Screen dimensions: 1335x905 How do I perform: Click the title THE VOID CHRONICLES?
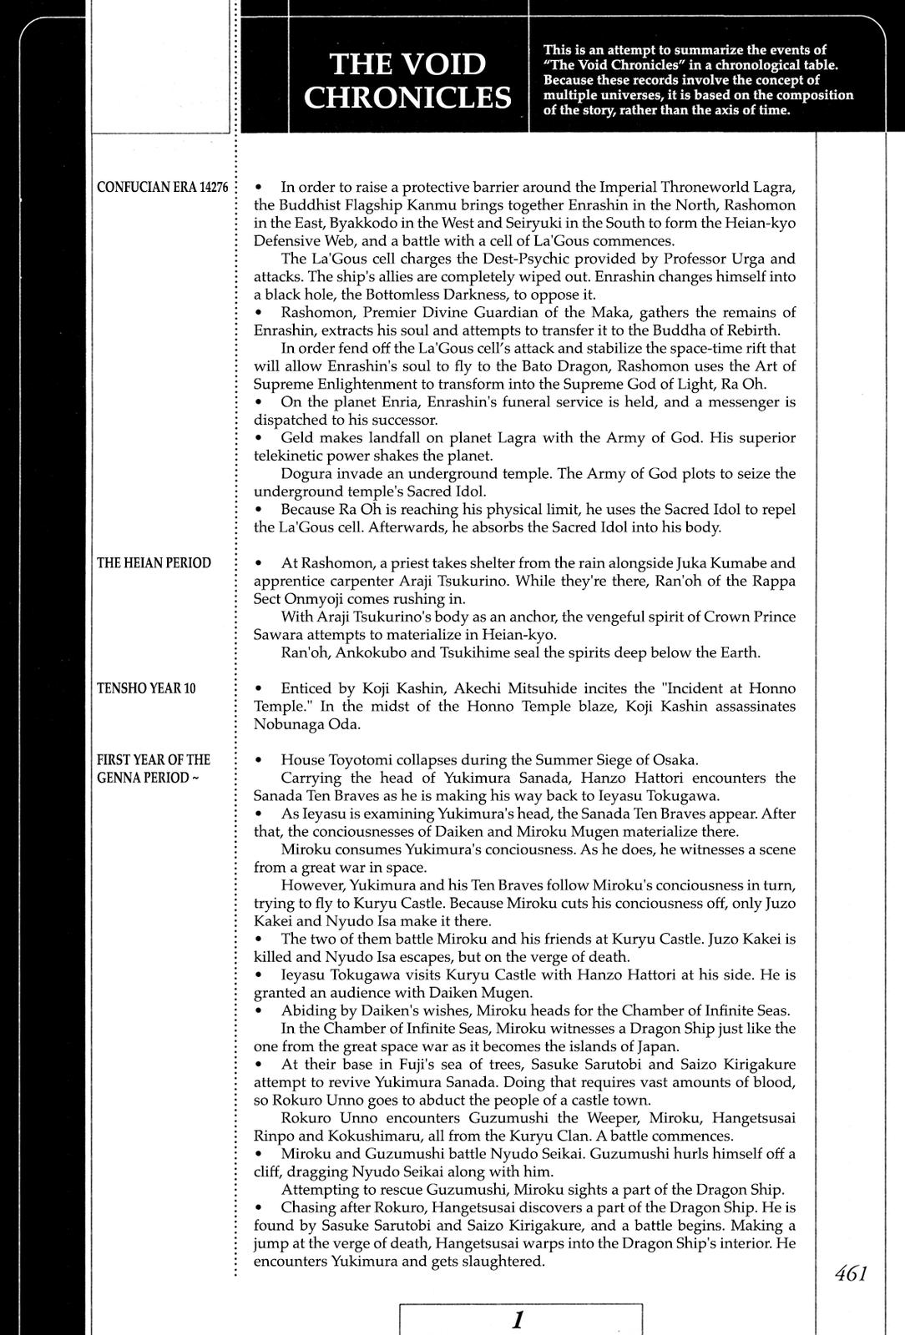407,80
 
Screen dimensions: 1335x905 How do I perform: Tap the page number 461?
851,1273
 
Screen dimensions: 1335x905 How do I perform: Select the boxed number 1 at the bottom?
518,1320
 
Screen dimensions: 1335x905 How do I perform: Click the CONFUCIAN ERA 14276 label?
163,187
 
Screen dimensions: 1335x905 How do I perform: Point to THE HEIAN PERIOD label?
154,562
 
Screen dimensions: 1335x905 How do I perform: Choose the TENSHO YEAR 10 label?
146,688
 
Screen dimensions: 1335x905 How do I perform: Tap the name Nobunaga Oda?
308,724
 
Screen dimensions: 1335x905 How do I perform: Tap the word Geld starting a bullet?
299,438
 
